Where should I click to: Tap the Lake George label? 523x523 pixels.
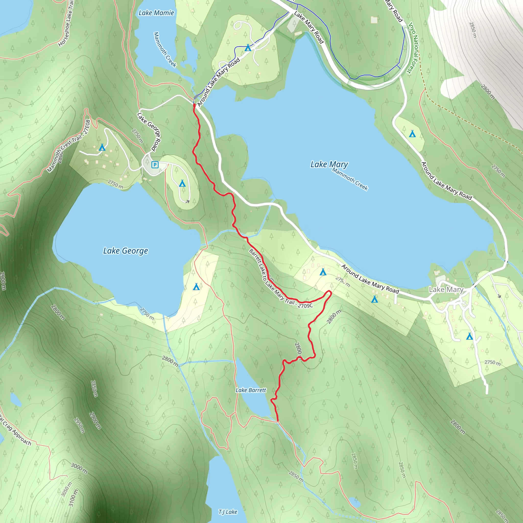(x=126, y=251)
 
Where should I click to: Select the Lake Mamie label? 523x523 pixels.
(x=156, y=13)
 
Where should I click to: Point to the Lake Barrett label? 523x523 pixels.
(x=251, y=390)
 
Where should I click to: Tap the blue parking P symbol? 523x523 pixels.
(x=155, y=165)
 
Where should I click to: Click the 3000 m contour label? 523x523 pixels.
(x=79, y=468)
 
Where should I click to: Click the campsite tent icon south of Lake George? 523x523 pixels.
(x=196, y=287)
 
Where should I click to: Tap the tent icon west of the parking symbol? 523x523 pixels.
(x=102, y=148)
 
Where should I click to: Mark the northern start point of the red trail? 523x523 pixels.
(x=194, y=105)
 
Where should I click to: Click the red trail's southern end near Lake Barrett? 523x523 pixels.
(x=278, y=421)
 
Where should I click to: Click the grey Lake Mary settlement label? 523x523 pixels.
(x=446, y=289)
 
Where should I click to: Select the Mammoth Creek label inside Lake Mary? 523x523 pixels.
(x=350, y=179)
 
